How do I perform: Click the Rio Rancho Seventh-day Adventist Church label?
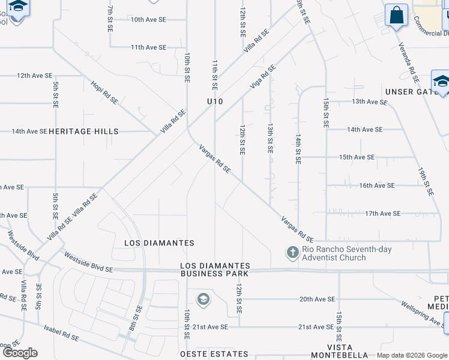tap(334, 253)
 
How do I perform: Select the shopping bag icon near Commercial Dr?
tap(397, 15)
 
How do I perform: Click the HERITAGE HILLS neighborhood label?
tap(83, 131)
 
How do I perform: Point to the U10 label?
tap(215, 102)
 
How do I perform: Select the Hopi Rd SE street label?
tap(104, 93)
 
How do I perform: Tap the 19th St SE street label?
tap(425, 181)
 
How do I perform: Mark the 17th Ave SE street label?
tap(382, 213)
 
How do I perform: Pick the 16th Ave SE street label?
tap(376, 185)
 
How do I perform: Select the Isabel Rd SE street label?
tap(61, 333)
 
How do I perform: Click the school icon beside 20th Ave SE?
tap(203, 298)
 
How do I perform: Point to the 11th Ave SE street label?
tap(148, 47)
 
